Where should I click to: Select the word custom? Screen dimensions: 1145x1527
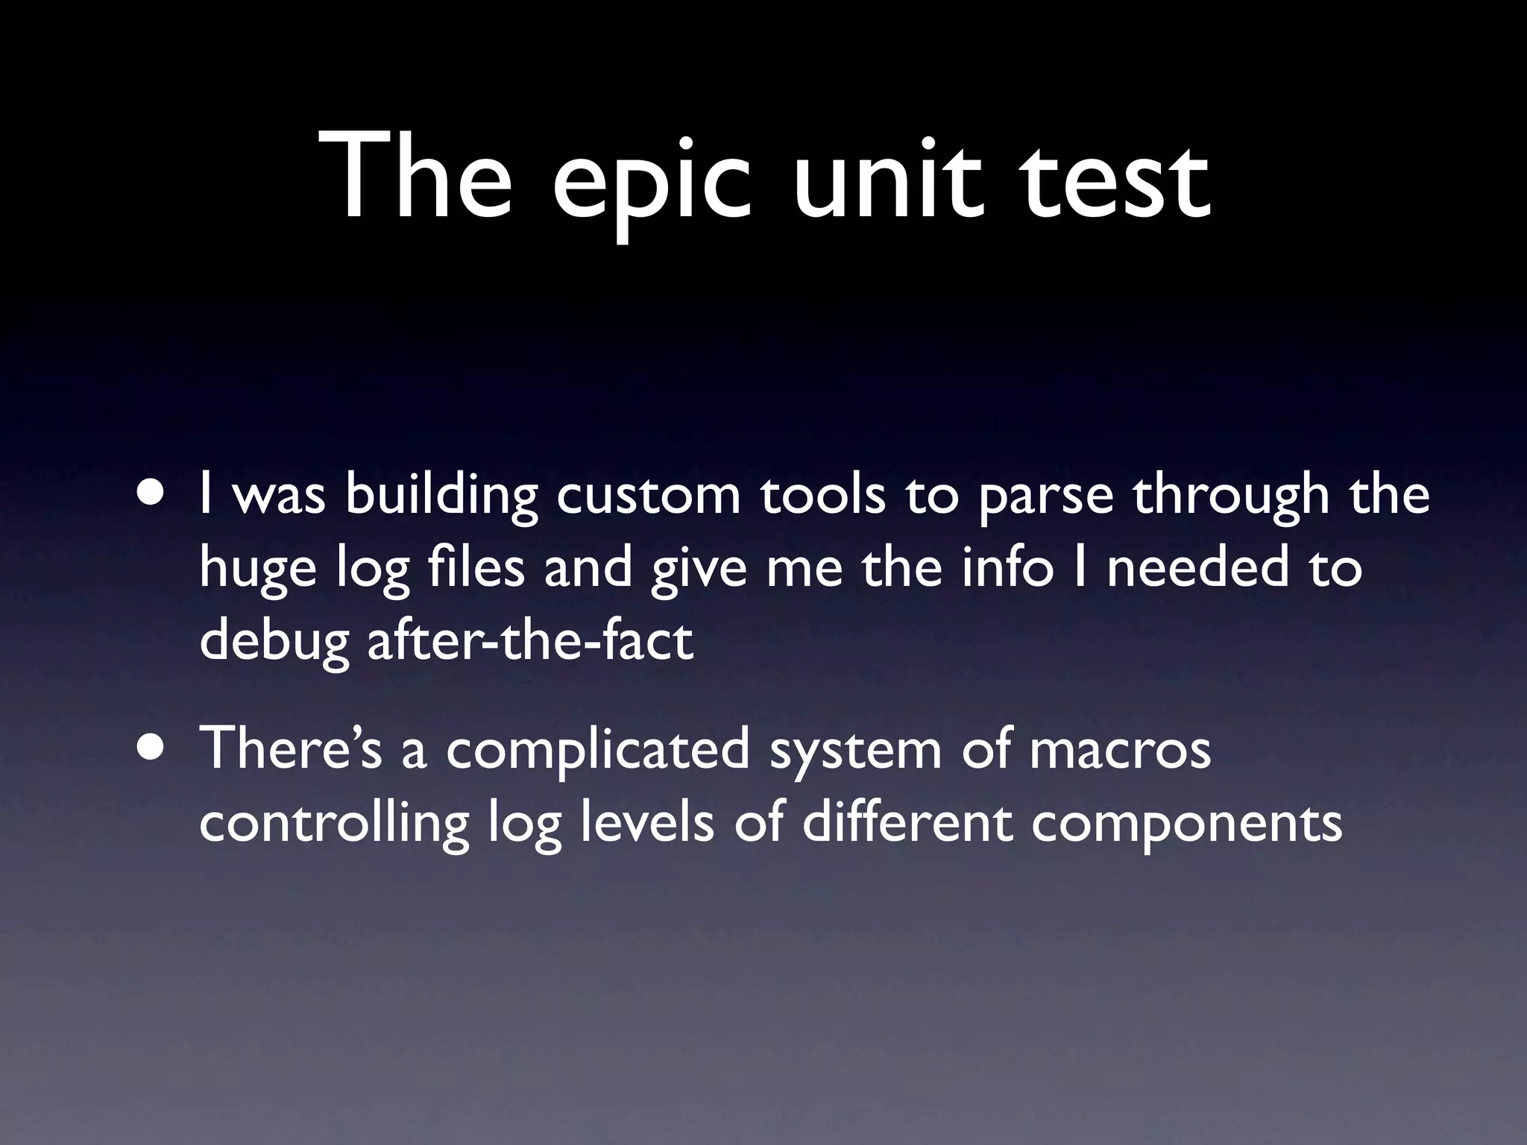[648, 495]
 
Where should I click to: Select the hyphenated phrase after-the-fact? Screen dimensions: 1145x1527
[530, 641]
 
